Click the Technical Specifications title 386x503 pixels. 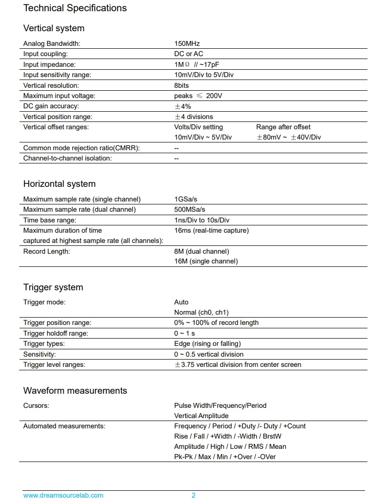(75, 8)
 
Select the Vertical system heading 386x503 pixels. (54, 28)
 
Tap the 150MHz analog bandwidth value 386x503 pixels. (187, 43)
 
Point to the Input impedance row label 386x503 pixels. (49, 64)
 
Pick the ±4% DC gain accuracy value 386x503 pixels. (183, 106)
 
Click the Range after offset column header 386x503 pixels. (283, 127)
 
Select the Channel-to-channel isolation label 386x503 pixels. (67, 158)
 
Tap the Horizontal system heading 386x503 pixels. (59, 184)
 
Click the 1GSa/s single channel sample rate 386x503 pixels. (186, 199)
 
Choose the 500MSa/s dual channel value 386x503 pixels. (189, 209)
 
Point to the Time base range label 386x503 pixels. (49, 220)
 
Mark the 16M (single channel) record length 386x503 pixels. (206, 261)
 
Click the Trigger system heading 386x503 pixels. (53, 287)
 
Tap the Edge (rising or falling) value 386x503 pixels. (207, 343)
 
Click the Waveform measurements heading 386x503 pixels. (75, 391)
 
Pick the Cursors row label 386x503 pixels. (36, 405)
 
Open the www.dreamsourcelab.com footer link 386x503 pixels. (63, 495)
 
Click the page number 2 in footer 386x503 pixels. (193, 495)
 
